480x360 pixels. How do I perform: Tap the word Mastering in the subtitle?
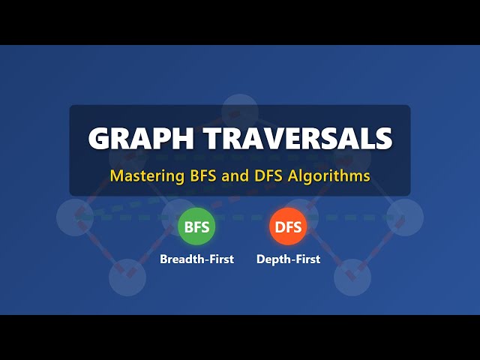tap(142, 177)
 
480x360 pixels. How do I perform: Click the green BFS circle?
tap(196, 226)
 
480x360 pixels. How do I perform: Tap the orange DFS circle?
tap(288, 226)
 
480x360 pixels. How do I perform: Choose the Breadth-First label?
tap(196, 259)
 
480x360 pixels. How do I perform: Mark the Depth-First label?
tap(288, 259)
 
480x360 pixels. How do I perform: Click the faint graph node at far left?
tap(75, 217)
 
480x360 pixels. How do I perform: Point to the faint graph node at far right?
tap(405, 217)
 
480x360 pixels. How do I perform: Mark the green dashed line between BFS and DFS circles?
tap(242, 218)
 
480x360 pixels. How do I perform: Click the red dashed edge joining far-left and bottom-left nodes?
tap(101, 247)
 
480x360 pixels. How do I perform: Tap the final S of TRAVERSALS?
tap(383, 139)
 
